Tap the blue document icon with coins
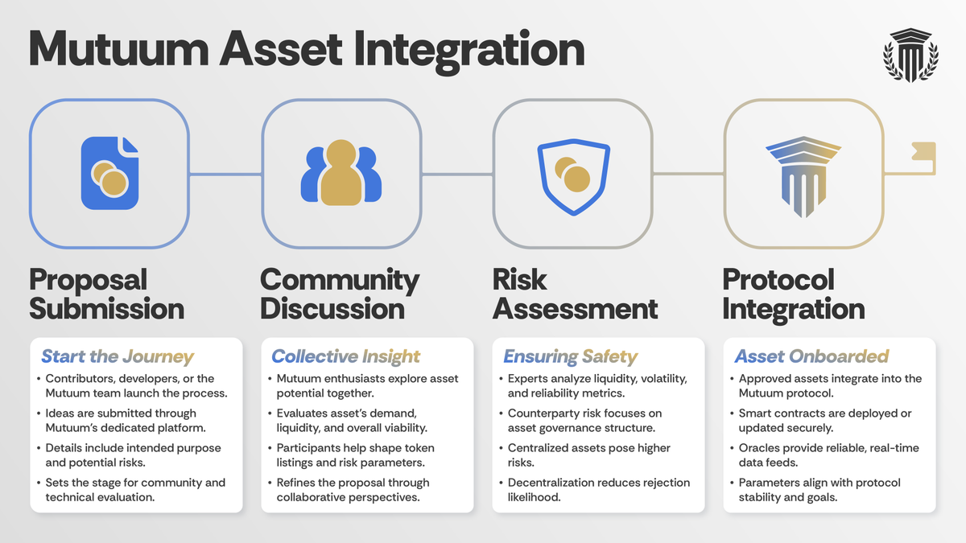pyautogui.click(x=109, y=174)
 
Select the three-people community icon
pyautogui.click(x=341, y=174)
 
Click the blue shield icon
pyautogui.click(x=572, y=174)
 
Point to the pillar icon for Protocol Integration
pyautogui.click(x=803, y=174)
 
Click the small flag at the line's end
pyautogui.click(x=923, y=153)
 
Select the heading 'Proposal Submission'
pyautogui.click(x=106, y=294)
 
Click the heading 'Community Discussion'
pyautogui.click(x=340, y=294)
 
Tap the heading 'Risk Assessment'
pyautogui.click(x=575, y=294)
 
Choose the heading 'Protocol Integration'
pyautogui.click(x=793, y=294)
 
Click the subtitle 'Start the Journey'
pyautogui.click(x=118, y=356)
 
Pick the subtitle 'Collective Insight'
pyautogui.click(x=346, y=356)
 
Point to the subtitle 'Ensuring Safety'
pyautogui.click(x=570, y=356)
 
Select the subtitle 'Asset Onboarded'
pyautogui.click(x=811, y=356)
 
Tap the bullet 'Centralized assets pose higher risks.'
pyautogui.click(x=588, y=455)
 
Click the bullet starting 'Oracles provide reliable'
pyautogui.click(x=828, y=455)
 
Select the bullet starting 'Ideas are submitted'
pyautogui.click(x=121, y=420)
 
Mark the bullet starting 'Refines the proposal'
pyautogui.click(x=353, y=489)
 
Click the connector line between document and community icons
pyautogui.click(x=225, y=174)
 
